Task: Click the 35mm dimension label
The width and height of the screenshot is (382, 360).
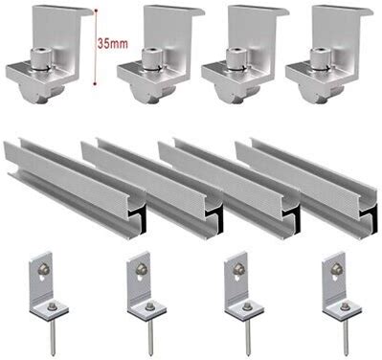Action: (112, 44)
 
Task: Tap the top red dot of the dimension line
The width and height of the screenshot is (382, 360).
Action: (95, 11)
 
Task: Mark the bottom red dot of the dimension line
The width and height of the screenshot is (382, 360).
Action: (95, 84)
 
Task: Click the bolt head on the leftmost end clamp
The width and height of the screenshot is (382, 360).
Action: (41, 58)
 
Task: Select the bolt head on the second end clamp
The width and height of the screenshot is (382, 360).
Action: (151, 58)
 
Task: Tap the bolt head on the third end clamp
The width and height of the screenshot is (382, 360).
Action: (236, 58)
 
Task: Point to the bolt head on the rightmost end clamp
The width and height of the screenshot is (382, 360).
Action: (320, 58)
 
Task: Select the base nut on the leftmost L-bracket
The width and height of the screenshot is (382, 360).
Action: (51, 307)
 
